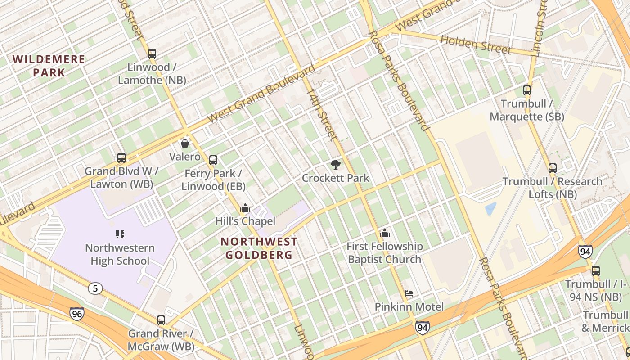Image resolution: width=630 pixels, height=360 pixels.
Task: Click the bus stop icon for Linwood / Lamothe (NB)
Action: pyautogui.click(x=152, y=54)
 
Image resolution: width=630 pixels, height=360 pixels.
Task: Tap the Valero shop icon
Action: pyautogui.click(x=184, y=144)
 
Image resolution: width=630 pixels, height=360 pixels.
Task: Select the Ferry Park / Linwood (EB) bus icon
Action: pyautogui.click(x=213, y=160)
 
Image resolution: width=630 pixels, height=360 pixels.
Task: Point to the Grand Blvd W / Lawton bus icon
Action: pyautogui.click(x=121, y=158)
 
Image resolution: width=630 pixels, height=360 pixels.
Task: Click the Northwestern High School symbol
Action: pyautogui.click(x=120, y=234)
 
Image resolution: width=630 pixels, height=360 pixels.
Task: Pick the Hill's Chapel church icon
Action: pyautogui.click(x=245, y=208)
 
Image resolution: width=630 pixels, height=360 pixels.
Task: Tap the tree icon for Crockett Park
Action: pyautogui.click(x=335, y=165)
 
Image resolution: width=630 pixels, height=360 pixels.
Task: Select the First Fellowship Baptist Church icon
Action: pyautogui.click(x=385, y=233)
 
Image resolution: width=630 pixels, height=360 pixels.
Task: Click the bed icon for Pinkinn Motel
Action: pyautogui.click(x=409, y=293)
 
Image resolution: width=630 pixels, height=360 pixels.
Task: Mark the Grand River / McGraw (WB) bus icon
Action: pyautogui.click(x=161, y=320)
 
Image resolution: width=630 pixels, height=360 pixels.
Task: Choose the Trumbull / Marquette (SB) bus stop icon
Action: pyautogui.click(x=527, y=90)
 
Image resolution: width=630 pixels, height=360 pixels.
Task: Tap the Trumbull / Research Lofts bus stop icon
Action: pyautogui.click(x=553, y=168)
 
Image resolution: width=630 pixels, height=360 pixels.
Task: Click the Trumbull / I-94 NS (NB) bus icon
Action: pyautogui.click(x=596, y=271)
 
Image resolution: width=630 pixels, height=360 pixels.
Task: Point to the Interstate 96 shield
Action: pyautogui.click(x=77, y=313)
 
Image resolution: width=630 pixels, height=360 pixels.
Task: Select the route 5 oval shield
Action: pyautogui.click(x=95, y=288)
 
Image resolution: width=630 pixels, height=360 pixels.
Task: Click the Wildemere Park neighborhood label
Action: pyautogui.click(x=49, y=66)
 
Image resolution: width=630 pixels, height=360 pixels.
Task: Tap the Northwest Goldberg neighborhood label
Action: pyautogui.click(x=259, y=248)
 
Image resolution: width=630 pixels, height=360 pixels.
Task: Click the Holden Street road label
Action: pyautogui.click(x=476, y=45)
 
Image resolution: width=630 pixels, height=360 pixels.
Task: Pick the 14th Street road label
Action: pyautogui.click(x=322, y=112)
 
